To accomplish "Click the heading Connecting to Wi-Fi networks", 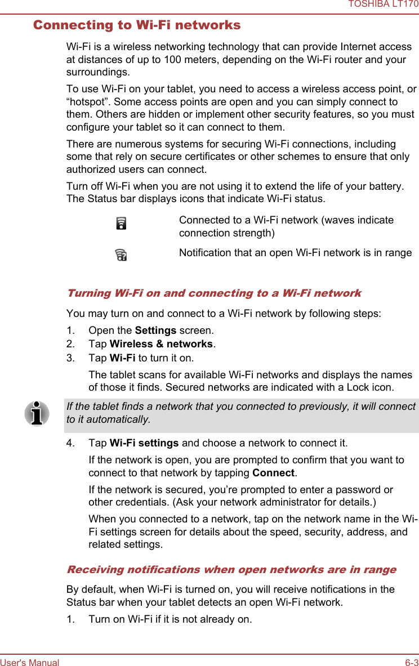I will point(137,25).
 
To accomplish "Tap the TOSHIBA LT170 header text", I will point(383,5).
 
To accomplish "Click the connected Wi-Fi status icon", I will point(121,224).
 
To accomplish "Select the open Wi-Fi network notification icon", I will point(121,256).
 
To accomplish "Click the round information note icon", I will point(37,414).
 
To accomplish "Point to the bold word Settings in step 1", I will point(155,330).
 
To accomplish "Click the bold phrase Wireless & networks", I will point(161,344).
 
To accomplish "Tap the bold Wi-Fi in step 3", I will point(122,358).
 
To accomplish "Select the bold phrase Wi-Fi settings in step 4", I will point(144,444).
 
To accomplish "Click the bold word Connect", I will point(273,473).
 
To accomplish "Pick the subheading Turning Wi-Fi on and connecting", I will point(214,293).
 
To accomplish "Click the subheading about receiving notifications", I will point(231,570).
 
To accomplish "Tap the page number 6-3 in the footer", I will point(412,663).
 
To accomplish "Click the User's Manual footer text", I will point(30,663).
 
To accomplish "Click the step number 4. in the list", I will point(71,444).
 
